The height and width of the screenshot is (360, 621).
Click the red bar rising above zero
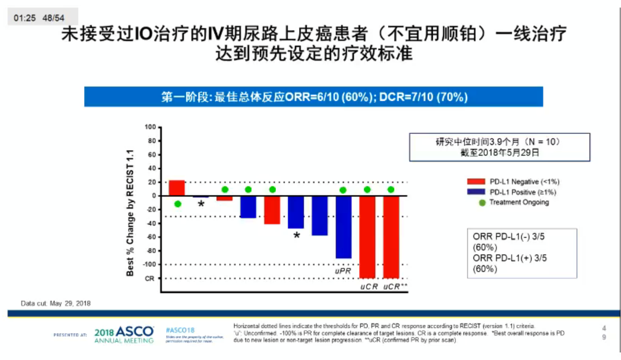[177, 188]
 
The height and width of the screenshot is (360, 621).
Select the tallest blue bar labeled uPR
[343, 227]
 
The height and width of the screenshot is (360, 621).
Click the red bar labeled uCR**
[391, 237]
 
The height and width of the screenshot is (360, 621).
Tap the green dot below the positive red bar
[177, 204]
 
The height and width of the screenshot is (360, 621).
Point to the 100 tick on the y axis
[150, 127]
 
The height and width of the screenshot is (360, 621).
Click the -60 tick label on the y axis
[152, 237]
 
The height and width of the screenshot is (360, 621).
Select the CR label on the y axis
[149, 278]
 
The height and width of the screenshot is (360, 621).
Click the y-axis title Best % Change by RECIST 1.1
[130, 213]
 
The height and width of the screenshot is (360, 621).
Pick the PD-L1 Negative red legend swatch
[476, 182]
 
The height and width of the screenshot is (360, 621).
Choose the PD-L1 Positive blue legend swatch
[476, 192]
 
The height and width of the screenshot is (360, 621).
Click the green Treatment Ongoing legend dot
[482, 203]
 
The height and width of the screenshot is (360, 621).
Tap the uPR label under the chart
[343, 271]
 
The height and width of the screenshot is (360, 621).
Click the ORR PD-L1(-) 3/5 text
[508, 237]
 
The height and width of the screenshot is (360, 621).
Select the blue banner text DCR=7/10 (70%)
[423, 97]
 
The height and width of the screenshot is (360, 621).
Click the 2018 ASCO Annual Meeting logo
[124, 334]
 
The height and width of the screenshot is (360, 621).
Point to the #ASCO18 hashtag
[180, 330]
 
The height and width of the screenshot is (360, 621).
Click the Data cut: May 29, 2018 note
[55, 303]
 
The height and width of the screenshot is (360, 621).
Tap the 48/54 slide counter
[53, 18]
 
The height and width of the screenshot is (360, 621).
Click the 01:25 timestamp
[25, 18]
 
